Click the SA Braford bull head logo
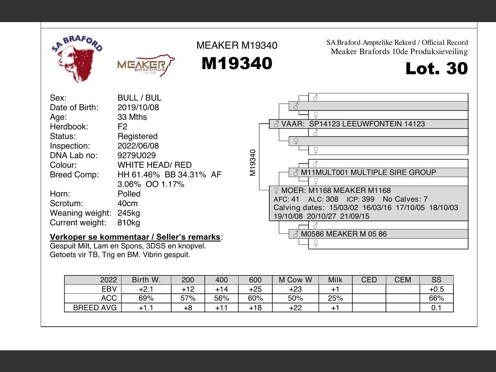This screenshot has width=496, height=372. pyautogui.click(x=77, y=58)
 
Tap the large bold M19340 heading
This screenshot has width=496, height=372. pyautogui.click(x=237, y=64)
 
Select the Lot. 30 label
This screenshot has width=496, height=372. pyautogui.click(x=436, y=69)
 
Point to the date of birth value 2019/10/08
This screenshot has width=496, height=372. pyautogui.click(x=138, y=107)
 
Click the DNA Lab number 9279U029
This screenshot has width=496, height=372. pyautogui.click(x=136, y=155)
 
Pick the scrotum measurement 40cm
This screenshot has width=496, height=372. pyautogui.click(x=127, y=203)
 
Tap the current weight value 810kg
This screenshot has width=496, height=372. pyautogui.click(x=129, y=223)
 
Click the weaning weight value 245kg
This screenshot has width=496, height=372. pyautogui.click(x=129, y=213)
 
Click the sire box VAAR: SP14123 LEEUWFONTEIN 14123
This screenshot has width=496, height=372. pyautogui.click(x=353, y=124)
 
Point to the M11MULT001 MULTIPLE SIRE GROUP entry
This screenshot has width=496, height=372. pyautogui.click(x=368, y=172)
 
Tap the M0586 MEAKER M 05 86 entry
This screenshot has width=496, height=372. pyautogui.click(x=343, y=234)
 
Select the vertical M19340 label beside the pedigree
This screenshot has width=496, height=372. pyautogui.click(x=253, y=163)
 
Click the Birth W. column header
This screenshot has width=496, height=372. pyautogui.click(x=146, y=280)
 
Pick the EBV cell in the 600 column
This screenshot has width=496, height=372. pyautogui.click(x=255, y=289)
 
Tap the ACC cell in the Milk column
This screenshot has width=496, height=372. pyautogui.click(x=335, y=298)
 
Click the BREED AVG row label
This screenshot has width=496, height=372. pyautogui.click(x=95, y=308)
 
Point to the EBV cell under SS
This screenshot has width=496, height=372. pyautogui.click(x=436, y=289)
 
